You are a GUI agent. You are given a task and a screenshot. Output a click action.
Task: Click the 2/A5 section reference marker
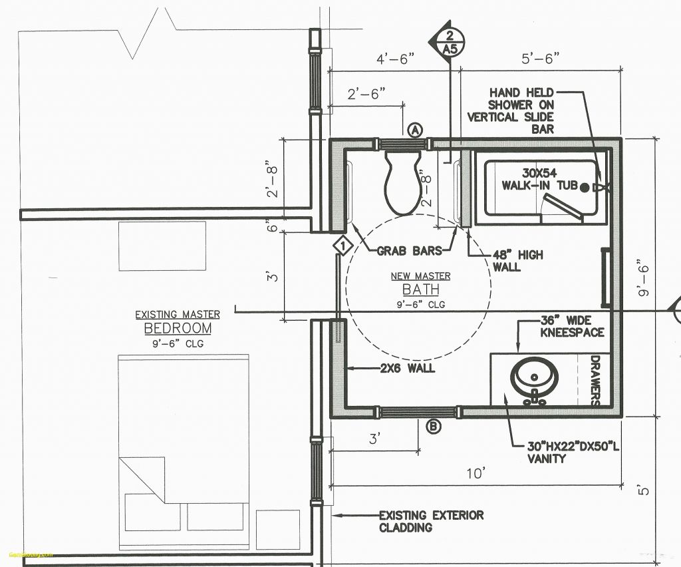click(450, 42)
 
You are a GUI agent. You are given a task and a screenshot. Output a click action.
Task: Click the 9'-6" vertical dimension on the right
click(642, 278)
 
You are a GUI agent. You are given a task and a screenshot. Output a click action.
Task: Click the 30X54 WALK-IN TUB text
click(539, 178)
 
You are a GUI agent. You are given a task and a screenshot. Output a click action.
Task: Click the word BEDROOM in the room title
click(178, 328)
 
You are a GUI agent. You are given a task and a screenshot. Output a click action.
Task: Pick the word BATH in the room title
click(420, 289)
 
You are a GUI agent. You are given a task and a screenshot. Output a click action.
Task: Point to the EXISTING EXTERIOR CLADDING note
click(431, 521)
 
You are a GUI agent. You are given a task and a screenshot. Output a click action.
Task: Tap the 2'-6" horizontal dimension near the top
click(366, 94)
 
